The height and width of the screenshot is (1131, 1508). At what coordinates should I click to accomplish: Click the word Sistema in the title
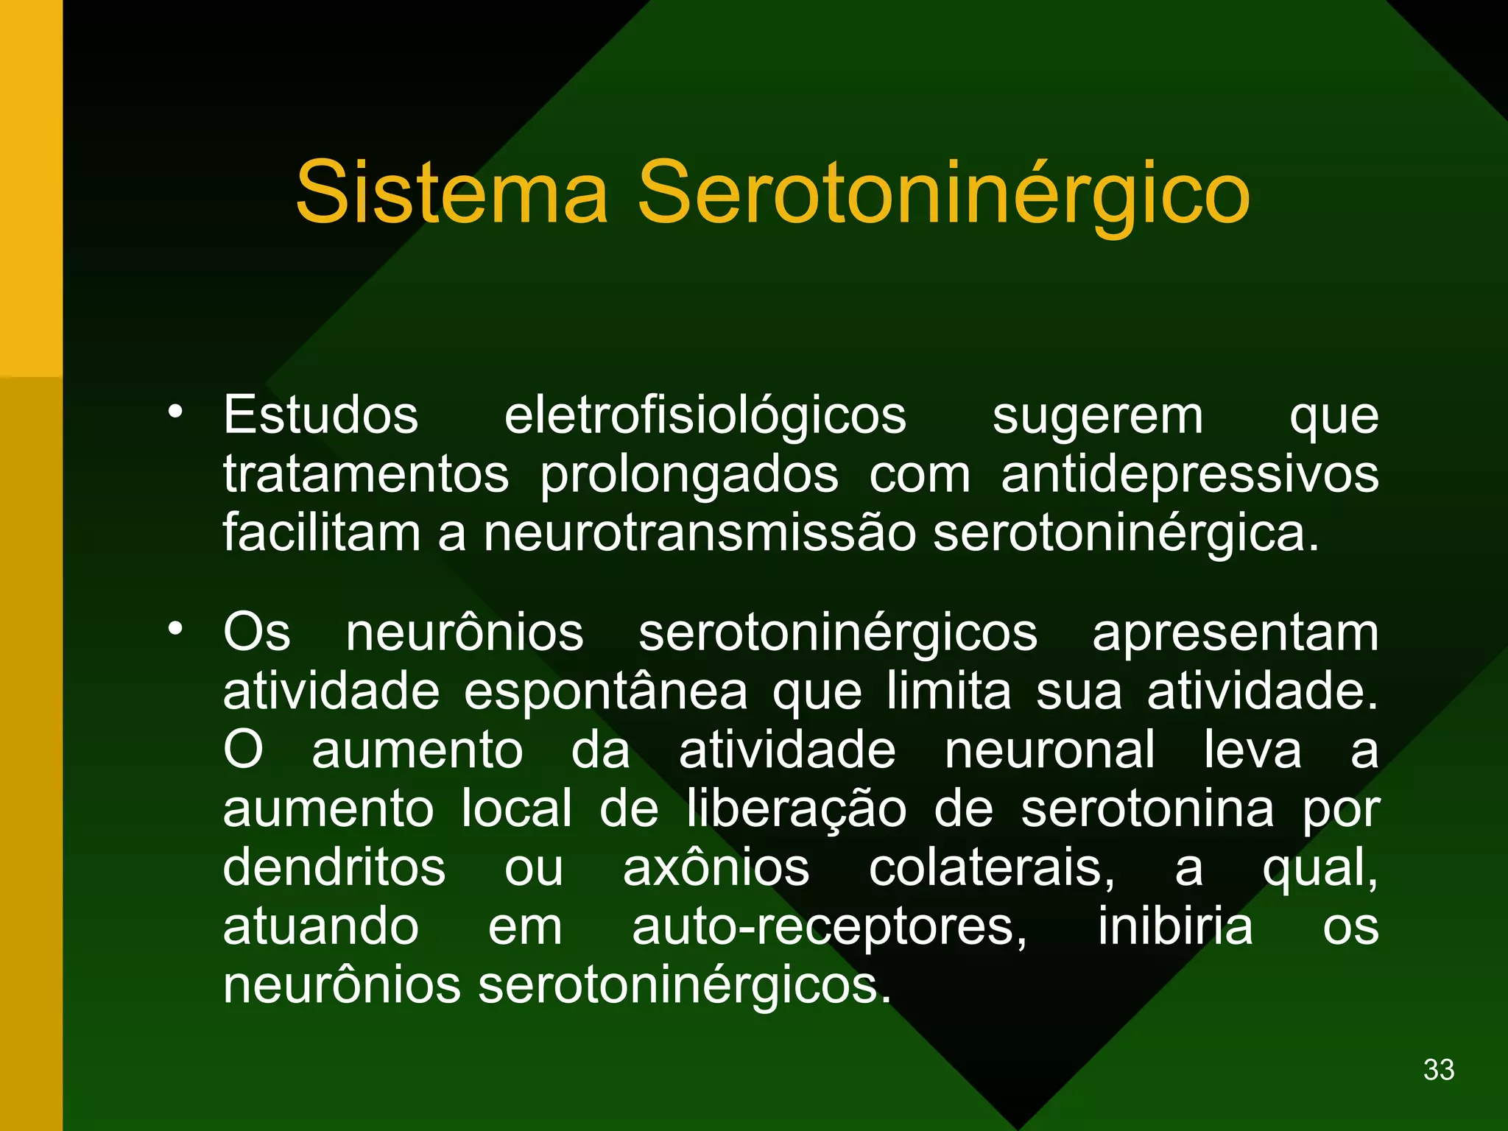tap(452, 193)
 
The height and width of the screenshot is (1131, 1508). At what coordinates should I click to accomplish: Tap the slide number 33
tap(1439, 1069)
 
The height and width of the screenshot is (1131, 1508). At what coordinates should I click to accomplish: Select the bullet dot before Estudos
tap(175, 412)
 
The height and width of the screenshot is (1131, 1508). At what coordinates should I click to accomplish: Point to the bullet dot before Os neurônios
tap(175, 628)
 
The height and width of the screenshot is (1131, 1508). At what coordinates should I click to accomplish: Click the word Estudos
tap(321, 415)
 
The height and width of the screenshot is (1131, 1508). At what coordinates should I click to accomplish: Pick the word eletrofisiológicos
tap(705, 415)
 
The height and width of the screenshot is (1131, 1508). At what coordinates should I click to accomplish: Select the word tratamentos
tap(366, 474)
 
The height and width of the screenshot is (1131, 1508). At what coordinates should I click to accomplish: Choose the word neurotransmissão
tap(700, 533)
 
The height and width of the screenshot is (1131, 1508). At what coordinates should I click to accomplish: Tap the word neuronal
tap(1049, 750)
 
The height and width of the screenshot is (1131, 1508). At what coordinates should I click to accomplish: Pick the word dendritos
tap(334, 867)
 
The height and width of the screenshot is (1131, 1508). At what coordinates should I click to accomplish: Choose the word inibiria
tap(1175, 926)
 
